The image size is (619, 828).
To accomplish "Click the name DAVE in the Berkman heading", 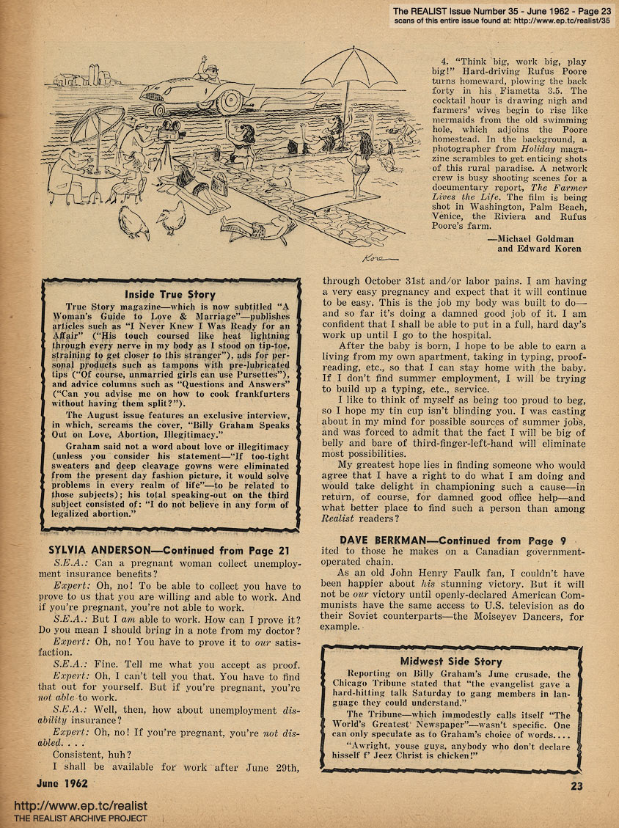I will click(x=342, y=541).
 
